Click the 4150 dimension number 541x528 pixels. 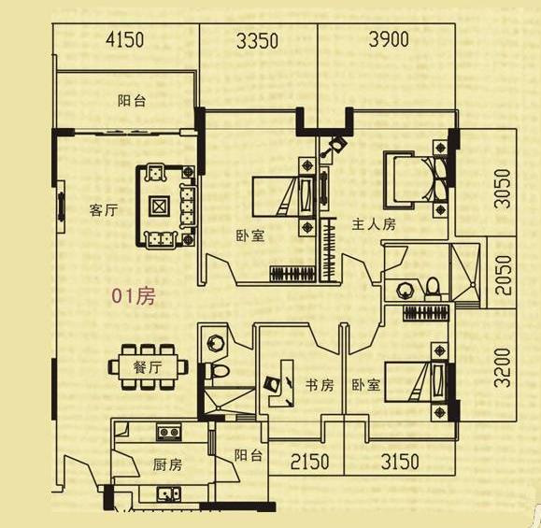coord(124,39)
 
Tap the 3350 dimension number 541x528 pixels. coord(257,41)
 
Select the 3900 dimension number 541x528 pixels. coord(389,39)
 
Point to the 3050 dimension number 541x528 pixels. coord(503,189)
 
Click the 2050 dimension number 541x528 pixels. coord(503,275)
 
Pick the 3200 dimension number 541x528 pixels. coord(502,368)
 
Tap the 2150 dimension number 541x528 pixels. coord(309,462)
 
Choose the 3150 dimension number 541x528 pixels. coord(400,462)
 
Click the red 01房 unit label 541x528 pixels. coord(134,296)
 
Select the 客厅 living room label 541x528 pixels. coord(104,210)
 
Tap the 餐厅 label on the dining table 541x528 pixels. coord(148,367)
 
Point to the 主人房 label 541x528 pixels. coord(374,224)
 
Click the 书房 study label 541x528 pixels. coord(320,385)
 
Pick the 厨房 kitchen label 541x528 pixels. coord(167,464)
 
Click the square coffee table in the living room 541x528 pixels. coord(159,207)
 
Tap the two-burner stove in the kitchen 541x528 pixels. coord(169,433)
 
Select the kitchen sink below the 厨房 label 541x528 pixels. coord(169,494)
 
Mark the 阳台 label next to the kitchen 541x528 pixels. coord(249,455)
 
